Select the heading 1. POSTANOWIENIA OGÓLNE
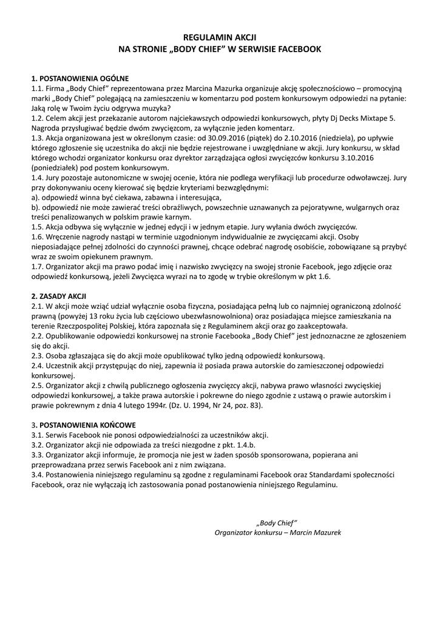click(x=80, y=79)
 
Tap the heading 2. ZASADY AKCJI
click(x=58, y=296)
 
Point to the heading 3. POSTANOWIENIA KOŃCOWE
click(x=84, y=425)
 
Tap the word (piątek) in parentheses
click(x=247, y=138)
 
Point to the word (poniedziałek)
click(x=59, y=167)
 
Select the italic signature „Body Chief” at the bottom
click(x=277, y=523)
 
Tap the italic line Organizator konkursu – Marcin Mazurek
click(x=277, y=532)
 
